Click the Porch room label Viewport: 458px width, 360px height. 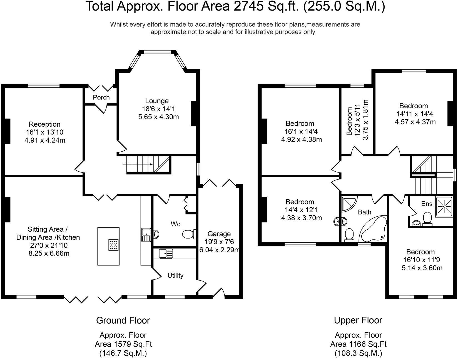[101, 97]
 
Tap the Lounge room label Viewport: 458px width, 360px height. [157, 101]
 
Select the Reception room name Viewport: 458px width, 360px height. [44, 124]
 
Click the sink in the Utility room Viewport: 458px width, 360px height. [166, 253]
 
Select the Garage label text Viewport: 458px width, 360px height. [219, 234]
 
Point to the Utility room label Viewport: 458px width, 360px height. [175, 275]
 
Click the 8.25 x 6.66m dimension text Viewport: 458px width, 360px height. [45, 253]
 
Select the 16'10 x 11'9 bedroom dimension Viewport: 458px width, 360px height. [420, 260]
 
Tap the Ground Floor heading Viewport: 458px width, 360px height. [123, 320]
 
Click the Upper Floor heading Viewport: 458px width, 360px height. [358, 320]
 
